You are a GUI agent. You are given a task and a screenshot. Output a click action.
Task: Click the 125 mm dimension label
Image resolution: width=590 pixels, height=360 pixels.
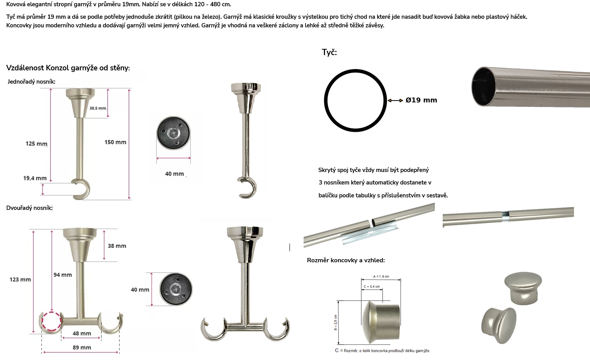[x=36, y=143]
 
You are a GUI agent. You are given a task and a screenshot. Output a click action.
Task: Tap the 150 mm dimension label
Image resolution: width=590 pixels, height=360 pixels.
[x=115, y=142]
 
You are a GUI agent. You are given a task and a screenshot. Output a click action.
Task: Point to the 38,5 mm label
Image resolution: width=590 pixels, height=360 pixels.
[x=98, y=108]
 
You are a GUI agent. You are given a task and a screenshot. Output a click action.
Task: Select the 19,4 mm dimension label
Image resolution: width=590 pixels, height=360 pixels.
[x=35, y=178]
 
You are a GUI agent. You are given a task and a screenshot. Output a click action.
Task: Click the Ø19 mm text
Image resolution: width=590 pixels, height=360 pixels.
[x=421, y=100]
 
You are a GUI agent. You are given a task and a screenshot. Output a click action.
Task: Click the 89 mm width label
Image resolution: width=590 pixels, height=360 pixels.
[x=82, y=347]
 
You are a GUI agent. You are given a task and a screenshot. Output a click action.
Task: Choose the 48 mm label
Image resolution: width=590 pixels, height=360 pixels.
[x=82, y=333]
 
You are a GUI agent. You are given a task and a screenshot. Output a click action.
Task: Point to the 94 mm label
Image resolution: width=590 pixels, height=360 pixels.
[x=63, y=275]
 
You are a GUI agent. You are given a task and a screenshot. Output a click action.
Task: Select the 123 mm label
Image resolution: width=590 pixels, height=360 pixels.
[x=20, y=279]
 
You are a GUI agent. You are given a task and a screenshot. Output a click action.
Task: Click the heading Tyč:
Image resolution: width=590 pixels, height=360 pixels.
[x=329, y=52]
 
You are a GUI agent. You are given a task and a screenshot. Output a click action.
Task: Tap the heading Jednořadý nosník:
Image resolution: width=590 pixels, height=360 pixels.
[x=31, y=82]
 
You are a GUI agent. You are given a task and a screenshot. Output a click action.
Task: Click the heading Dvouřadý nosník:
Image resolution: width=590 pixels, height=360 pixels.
[x=29, y=208]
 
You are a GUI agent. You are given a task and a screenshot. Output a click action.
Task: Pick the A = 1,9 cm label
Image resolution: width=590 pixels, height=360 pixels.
[x=381, y=276]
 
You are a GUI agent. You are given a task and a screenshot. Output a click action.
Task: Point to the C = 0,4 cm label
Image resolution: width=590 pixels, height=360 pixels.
[x=372, y=287]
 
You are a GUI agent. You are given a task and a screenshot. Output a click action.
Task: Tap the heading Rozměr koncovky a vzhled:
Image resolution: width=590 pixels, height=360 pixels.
[x=346, y=260]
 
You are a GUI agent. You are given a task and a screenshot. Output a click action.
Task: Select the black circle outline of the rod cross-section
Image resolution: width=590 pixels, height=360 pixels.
[x=355, y=70]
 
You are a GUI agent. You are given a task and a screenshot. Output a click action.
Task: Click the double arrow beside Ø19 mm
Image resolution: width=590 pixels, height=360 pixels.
[x=395, y=100]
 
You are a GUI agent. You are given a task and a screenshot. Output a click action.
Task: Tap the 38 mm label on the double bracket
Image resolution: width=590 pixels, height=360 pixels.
[x=117, y=246]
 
